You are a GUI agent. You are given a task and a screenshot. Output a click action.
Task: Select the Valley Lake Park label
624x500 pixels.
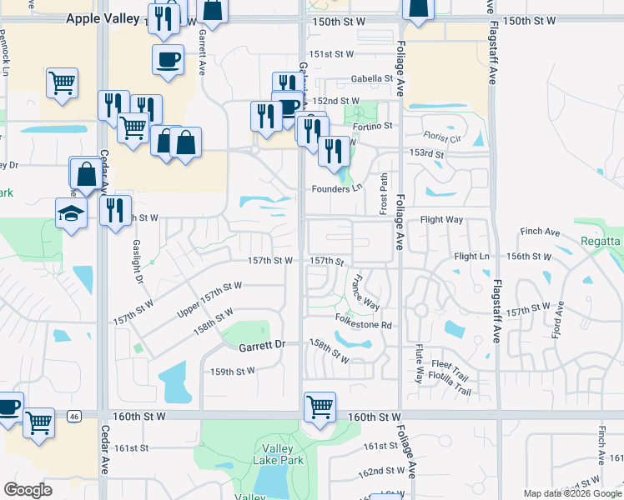coord(277,452)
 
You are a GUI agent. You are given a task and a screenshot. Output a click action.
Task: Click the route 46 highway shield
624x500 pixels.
coord(74,415)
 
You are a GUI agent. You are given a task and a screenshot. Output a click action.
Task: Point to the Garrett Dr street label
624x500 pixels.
coord(262,344)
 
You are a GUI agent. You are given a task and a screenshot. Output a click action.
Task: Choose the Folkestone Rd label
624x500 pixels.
coord(364,324)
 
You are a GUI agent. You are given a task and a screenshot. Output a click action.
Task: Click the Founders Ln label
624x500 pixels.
coord(338,187)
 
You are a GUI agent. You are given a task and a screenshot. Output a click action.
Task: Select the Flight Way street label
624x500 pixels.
coord(441,220)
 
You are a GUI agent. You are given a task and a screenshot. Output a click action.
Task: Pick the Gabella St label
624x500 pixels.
coord(372,79)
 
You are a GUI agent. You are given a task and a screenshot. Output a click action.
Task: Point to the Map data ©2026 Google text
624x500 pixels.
coord(572,493)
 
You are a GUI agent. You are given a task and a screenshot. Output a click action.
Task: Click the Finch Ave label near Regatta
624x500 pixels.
coord(540,232)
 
